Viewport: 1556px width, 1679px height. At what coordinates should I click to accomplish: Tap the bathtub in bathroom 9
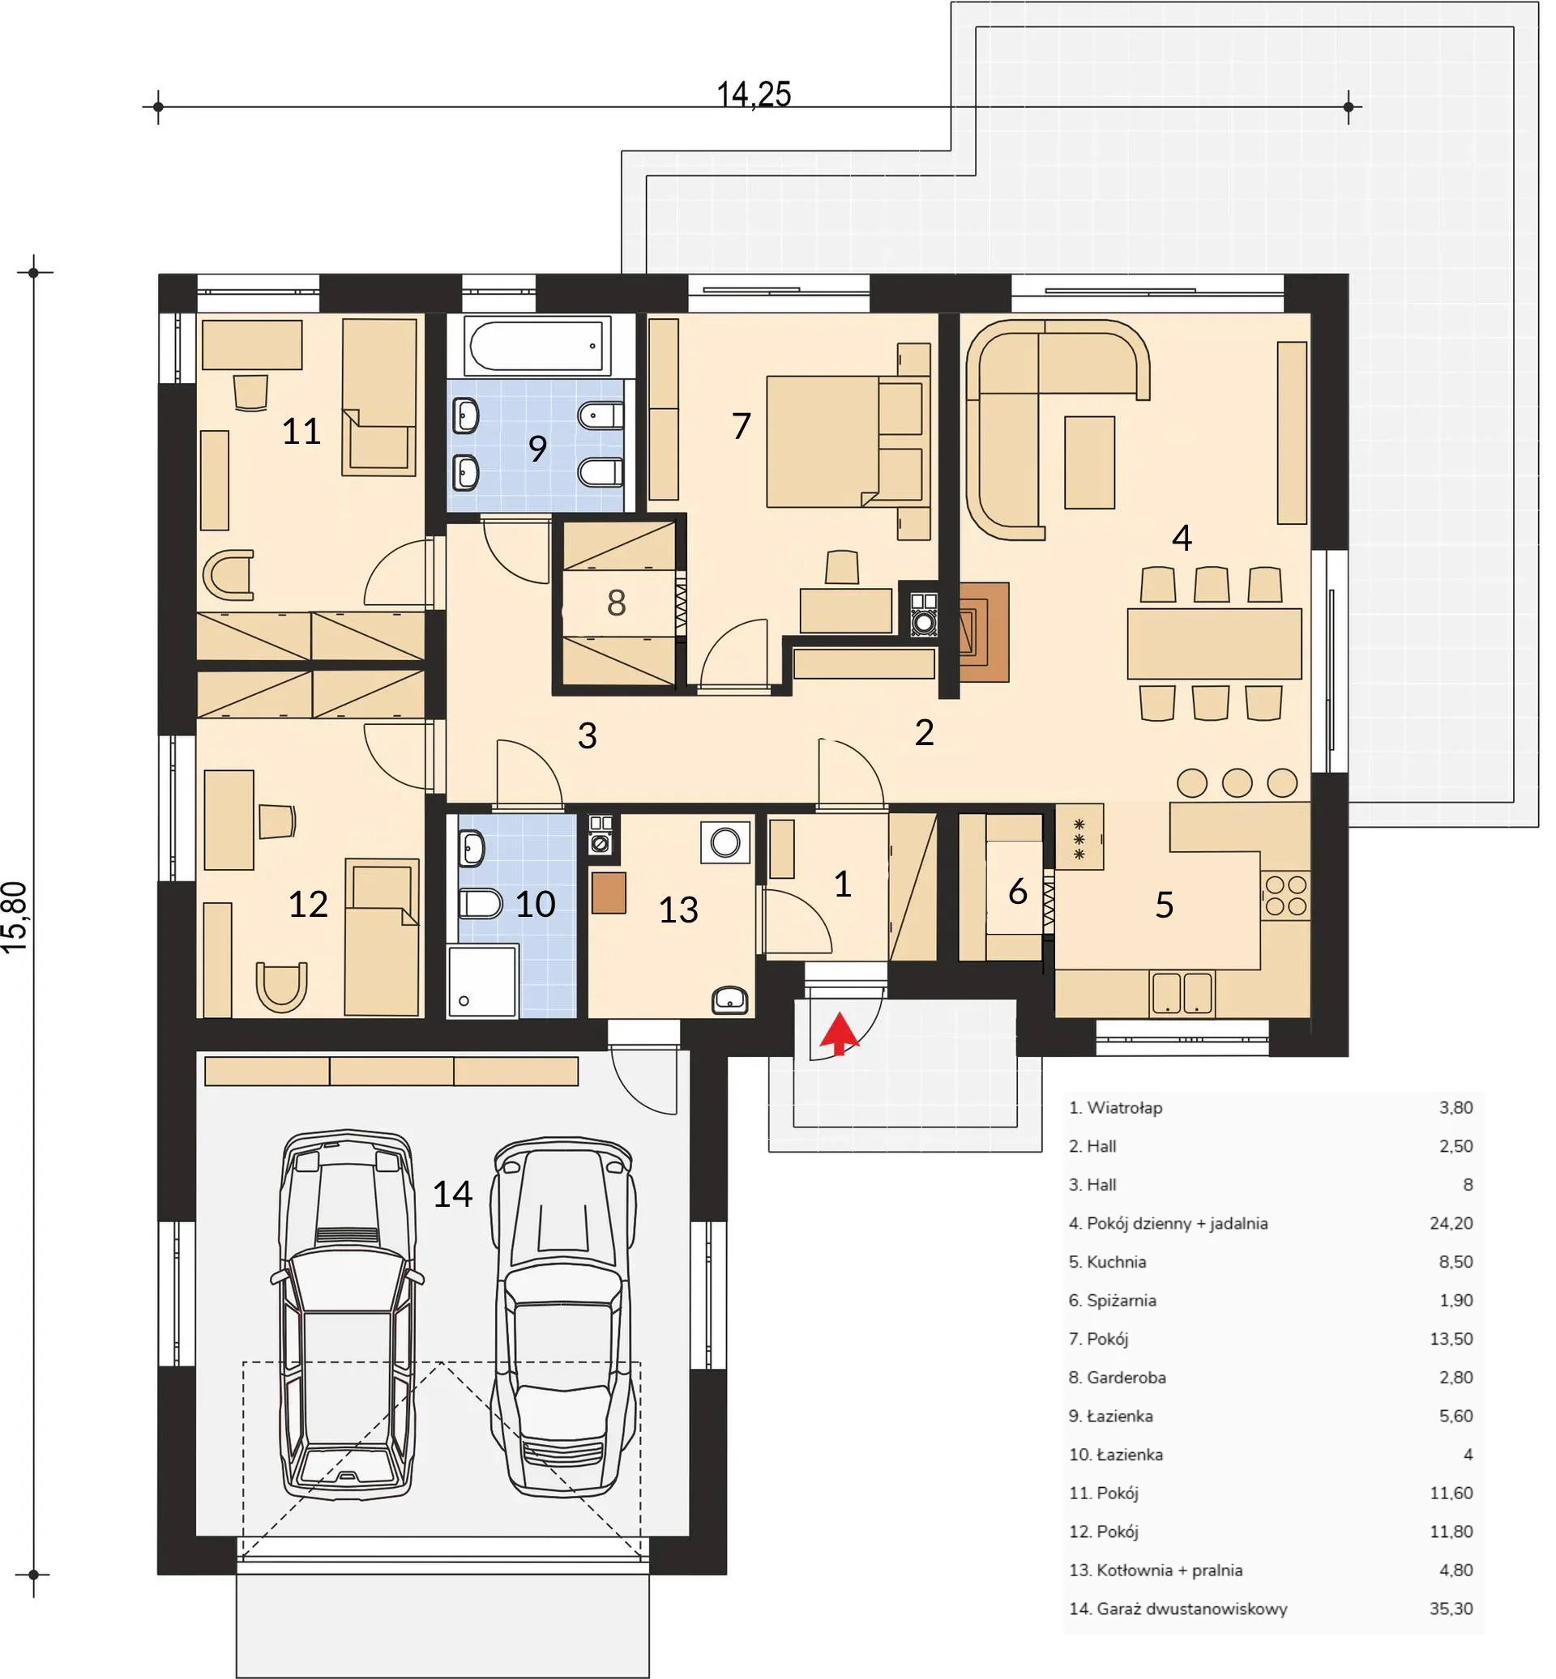539,345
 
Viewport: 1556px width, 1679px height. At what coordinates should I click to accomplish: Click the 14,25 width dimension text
754,94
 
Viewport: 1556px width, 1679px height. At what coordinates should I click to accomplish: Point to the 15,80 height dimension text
16,917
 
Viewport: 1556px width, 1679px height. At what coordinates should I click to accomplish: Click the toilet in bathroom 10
481,904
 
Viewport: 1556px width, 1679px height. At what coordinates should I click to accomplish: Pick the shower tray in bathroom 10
482,980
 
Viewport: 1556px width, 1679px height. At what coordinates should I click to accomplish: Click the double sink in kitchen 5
1182,993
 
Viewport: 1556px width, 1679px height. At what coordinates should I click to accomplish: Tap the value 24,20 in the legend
1451,1223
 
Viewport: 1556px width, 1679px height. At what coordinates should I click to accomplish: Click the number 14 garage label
452,1193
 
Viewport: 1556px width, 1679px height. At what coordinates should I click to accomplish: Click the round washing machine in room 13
725,841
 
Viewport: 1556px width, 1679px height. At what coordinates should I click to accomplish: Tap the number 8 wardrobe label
617,603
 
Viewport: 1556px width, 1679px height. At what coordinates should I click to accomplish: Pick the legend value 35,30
1451,1609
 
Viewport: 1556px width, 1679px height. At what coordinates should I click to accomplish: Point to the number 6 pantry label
1017,891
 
